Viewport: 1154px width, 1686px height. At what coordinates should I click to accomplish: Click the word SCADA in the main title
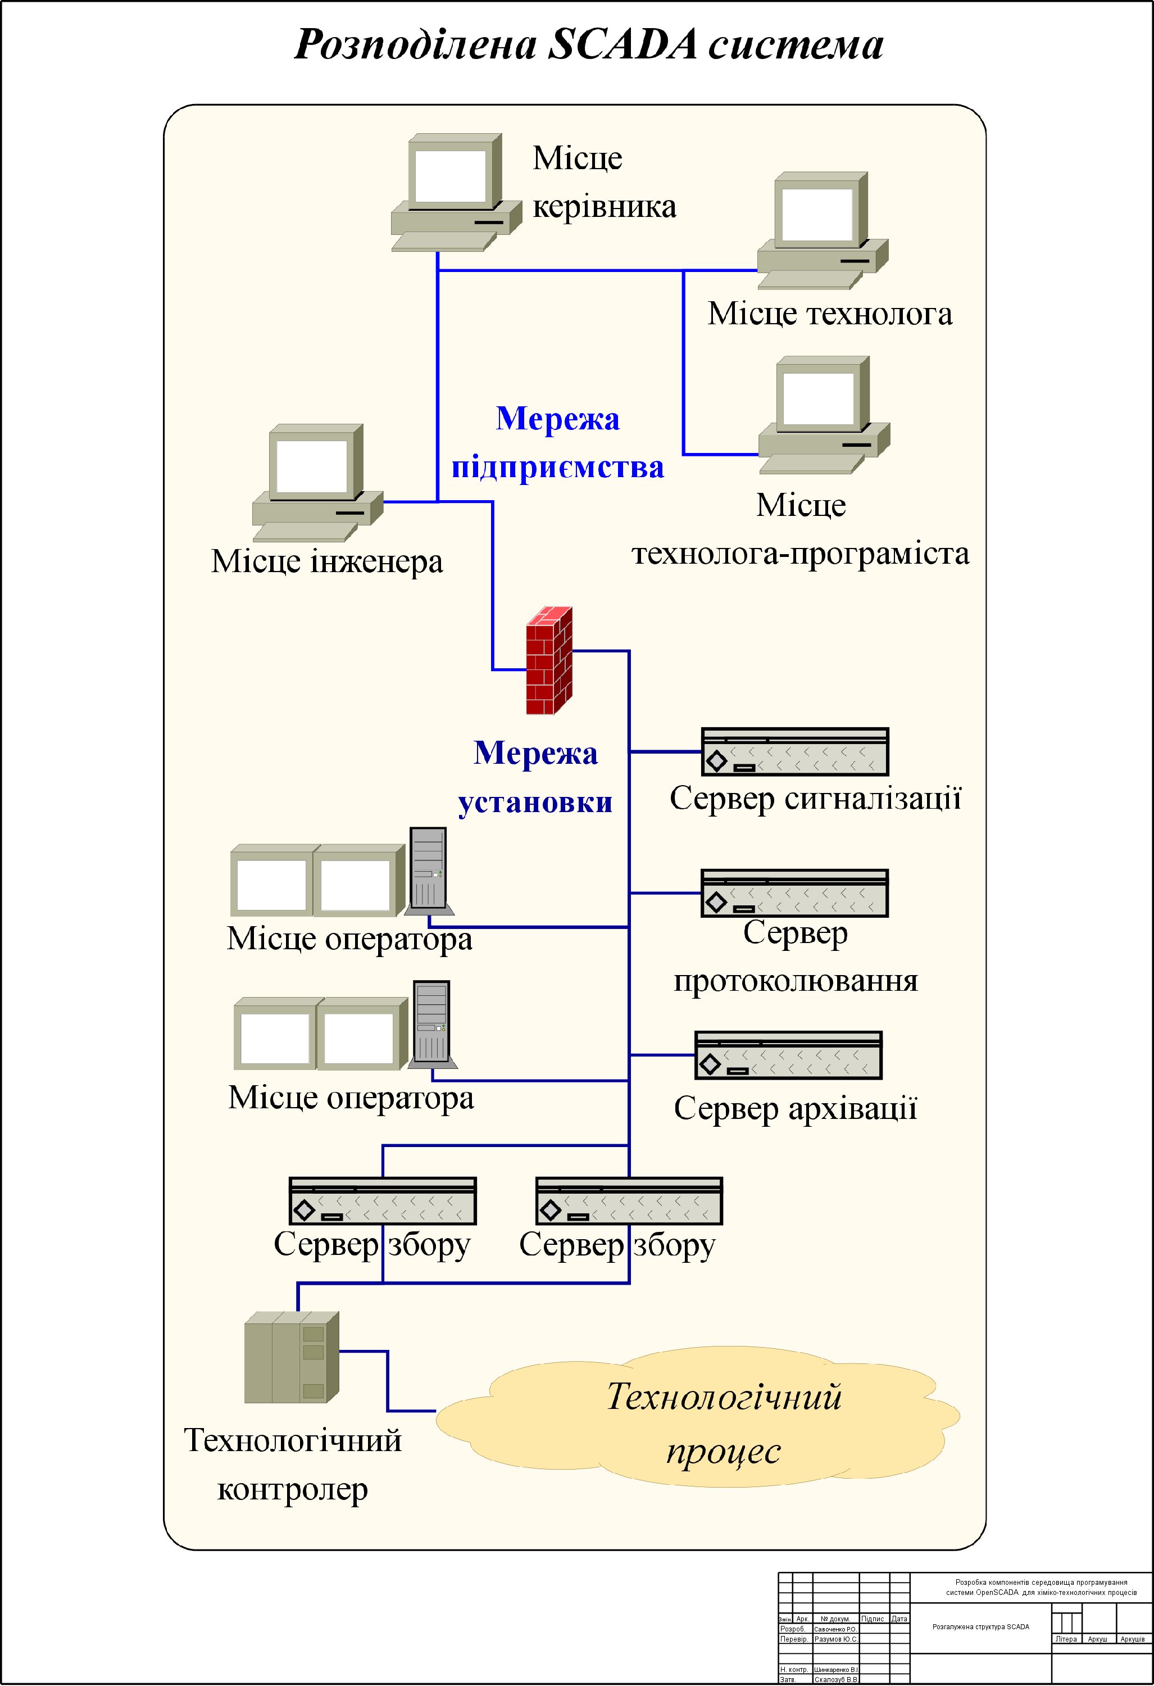[623, 45]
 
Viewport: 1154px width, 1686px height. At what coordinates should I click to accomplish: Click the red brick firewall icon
[549, 660]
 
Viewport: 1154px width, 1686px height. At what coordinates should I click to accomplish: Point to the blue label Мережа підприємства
[557, 442]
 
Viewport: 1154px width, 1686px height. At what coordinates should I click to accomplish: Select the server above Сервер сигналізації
[794, 751]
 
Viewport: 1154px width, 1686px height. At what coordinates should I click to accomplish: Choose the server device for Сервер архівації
[788, 1055]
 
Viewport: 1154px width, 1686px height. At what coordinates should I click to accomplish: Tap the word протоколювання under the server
[795, 981]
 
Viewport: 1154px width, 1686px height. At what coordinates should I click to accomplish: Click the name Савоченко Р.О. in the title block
[835, 1629]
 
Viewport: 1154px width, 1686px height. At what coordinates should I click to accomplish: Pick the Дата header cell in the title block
[899, 1619]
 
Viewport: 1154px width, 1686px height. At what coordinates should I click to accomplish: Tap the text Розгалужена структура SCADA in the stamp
[980, 1626]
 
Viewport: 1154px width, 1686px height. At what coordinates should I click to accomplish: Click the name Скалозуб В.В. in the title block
[835, 1679]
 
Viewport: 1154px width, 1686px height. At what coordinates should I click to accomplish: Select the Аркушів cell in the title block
[1132, 1639]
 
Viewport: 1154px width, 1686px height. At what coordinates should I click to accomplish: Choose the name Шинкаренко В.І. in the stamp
[835, 1669]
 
